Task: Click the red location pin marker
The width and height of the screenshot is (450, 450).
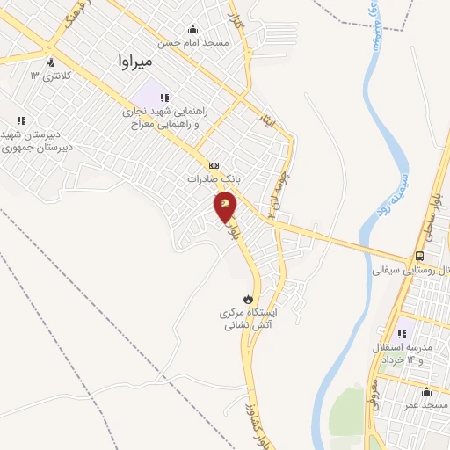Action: coord(225,207)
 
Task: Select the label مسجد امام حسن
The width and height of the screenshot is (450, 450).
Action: coord(192,42)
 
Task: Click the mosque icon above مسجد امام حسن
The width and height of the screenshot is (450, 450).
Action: coord(193,29)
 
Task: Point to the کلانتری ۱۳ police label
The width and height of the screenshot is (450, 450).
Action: coord(47,76)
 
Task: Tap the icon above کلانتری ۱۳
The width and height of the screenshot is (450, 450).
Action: coord(49,62)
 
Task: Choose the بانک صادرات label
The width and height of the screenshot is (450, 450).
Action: coord(213,178)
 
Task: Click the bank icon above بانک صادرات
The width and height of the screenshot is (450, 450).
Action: coord(214,164)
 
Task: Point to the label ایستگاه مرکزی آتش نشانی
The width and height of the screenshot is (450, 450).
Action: coord(248,318)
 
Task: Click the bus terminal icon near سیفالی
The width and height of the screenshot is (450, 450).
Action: coord(419,256)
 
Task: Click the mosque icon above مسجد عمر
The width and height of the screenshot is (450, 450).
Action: coord(426,392)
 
